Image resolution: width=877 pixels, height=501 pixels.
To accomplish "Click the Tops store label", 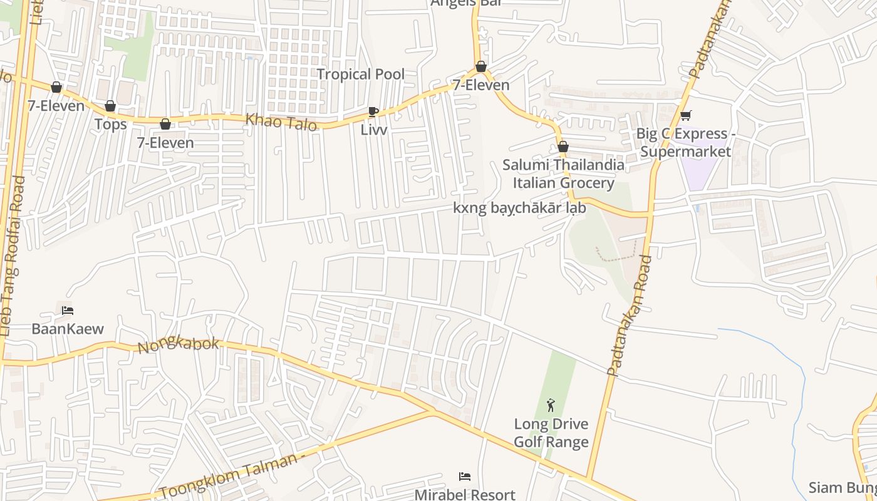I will (x=110, y=124).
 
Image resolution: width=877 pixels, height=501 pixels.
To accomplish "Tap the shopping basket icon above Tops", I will (x=110, y=106).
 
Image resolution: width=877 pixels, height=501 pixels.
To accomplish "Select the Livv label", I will (x=374, y=130).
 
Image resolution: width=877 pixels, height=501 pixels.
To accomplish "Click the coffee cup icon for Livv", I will (x=373, y=112).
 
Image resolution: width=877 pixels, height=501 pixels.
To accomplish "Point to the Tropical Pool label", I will (x=360, y=74).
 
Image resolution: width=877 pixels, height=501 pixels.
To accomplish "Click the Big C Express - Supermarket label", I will (x=683, y=143).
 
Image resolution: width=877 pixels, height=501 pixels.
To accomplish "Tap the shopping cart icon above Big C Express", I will (x=686, y=115).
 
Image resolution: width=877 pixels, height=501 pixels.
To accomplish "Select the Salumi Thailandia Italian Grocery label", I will (x=563, y=173).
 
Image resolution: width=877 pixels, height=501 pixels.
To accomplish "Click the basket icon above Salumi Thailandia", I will (x=563, y=147).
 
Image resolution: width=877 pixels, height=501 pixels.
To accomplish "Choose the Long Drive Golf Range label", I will (x=551, y=433).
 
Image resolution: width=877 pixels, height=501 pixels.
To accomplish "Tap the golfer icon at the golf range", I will (x=551, y=405).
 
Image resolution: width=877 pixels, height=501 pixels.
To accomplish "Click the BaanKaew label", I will (x=68, y=329).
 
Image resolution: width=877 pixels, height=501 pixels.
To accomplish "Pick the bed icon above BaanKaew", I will (x=68, y=311).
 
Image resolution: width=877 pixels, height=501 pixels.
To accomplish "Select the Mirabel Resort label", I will (x=465, y=494).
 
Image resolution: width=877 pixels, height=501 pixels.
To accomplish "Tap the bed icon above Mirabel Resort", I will (x=465, y=477).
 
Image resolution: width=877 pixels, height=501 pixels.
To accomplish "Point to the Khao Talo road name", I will (x=281, y=121).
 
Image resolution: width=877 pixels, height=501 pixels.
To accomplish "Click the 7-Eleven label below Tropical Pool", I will (x=481, y=85).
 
